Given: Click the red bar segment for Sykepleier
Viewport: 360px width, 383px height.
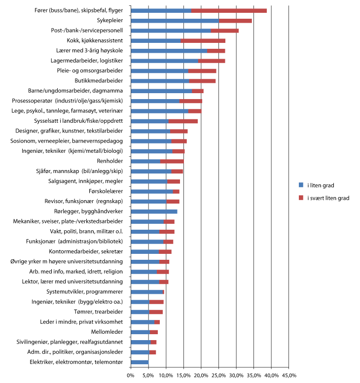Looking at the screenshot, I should (x=235, y=21).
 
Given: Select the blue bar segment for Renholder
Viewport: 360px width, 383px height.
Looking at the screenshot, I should (x=145, y=161).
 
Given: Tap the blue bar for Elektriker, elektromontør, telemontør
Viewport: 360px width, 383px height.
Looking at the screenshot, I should (x=140, y=362).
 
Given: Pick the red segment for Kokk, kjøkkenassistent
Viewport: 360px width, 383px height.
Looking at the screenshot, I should (x=203, y=40).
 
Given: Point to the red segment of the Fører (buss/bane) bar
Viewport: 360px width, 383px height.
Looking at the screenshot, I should (x=229, y=10).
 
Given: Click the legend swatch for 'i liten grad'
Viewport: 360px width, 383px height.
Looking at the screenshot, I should (x=301, y=185).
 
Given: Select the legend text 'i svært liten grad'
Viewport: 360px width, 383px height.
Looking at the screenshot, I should (x=327, y=198).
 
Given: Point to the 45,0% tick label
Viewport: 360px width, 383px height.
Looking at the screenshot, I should (x=288, y=376).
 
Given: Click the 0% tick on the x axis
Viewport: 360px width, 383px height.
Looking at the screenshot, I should (x=131, y=376).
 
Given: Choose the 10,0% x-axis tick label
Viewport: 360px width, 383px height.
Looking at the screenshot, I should (x=166, y=376).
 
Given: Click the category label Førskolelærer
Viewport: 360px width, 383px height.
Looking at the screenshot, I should (x=106, y=191).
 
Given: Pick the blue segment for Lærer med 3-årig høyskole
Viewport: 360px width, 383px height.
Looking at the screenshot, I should (x=169, y=51).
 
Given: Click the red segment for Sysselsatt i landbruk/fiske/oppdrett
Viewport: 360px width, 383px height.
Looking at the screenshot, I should (x=183, y=121).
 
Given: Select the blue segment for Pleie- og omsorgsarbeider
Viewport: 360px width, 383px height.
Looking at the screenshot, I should (x=159, y=70).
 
